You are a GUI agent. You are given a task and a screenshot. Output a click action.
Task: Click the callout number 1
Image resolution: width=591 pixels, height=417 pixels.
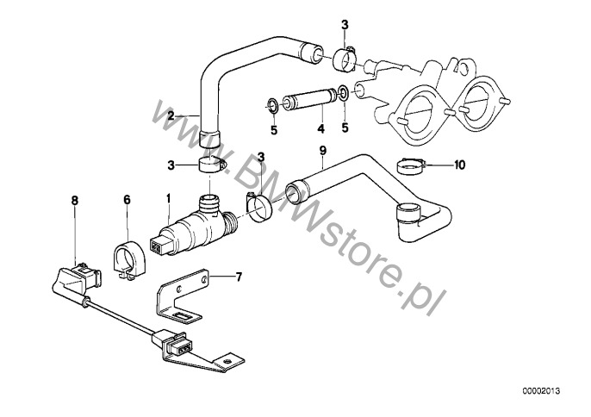pyautogui.click(x=169, y=198)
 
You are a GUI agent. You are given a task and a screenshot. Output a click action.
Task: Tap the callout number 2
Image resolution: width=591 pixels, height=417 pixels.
pyautogui.click(x=171, y=115)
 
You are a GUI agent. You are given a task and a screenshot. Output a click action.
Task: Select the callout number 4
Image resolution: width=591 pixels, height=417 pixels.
pyautogui.click(x=320, y=128)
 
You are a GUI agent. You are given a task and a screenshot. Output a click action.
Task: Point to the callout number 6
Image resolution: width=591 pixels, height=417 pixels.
pyautogui.click(x=127, y=199)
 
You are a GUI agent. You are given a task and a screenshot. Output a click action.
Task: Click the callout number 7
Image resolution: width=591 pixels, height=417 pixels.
pyautogui.click(x=239, y=277)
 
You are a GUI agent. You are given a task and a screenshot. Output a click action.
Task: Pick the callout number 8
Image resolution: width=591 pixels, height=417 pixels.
pyautogui.click(x=75, y=200)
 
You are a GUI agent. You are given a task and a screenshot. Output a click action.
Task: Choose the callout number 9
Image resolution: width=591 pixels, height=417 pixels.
pyautogui.click(x=322, y=151)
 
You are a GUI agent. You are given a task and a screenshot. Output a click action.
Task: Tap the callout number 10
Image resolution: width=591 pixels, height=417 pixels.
pyautogui.click(x=460, y=165)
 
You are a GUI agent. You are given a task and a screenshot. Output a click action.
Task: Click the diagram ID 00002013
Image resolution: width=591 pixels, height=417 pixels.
pyautogui.click(x=541, y=391)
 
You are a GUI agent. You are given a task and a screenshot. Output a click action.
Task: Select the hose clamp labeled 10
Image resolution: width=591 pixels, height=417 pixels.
pyautogui.click(x=411, y=166)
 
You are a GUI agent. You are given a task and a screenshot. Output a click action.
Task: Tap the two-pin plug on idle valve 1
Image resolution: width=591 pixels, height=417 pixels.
pyautogui.click(x=159, y=246)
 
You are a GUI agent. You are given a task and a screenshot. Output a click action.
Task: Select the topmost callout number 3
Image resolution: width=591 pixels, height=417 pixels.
pyautogui.click(x=345, y=25)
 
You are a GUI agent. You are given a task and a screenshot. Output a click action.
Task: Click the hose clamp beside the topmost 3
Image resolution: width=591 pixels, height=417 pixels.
pyautogui.click(x=345, y=60)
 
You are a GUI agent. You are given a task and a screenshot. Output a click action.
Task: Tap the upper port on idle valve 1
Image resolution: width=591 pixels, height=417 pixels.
pyautogui.click(x=210, y=202)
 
